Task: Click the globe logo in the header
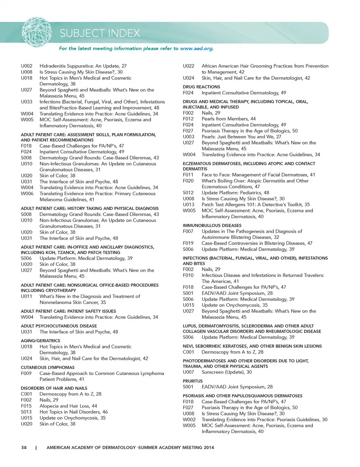point(36,32)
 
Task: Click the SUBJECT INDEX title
point(100,33)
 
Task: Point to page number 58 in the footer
point(24,447)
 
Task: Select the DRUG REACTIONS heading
point(201,87)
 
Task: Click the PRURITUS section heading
point(192,381)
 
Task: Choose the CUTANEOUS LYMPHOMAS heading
point(48,367)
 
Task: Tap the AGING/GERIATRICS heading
point(40,341)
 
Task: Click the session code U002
point(27,66)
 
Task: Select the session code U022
point(189,66)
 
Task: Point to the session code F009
point(26,373)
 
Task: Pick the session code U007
point(189,372)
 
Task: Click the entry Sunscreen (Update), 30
point(226,372)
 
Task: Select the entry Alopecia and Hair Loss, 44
point(68,406)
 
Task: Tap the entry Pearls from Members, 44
point(228,119)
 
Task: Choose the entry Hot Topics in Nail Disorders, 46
point(73,412)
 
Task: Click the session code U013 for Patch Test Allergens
point(189,204)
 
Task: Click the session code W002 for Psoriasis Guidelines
point(189,419)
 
